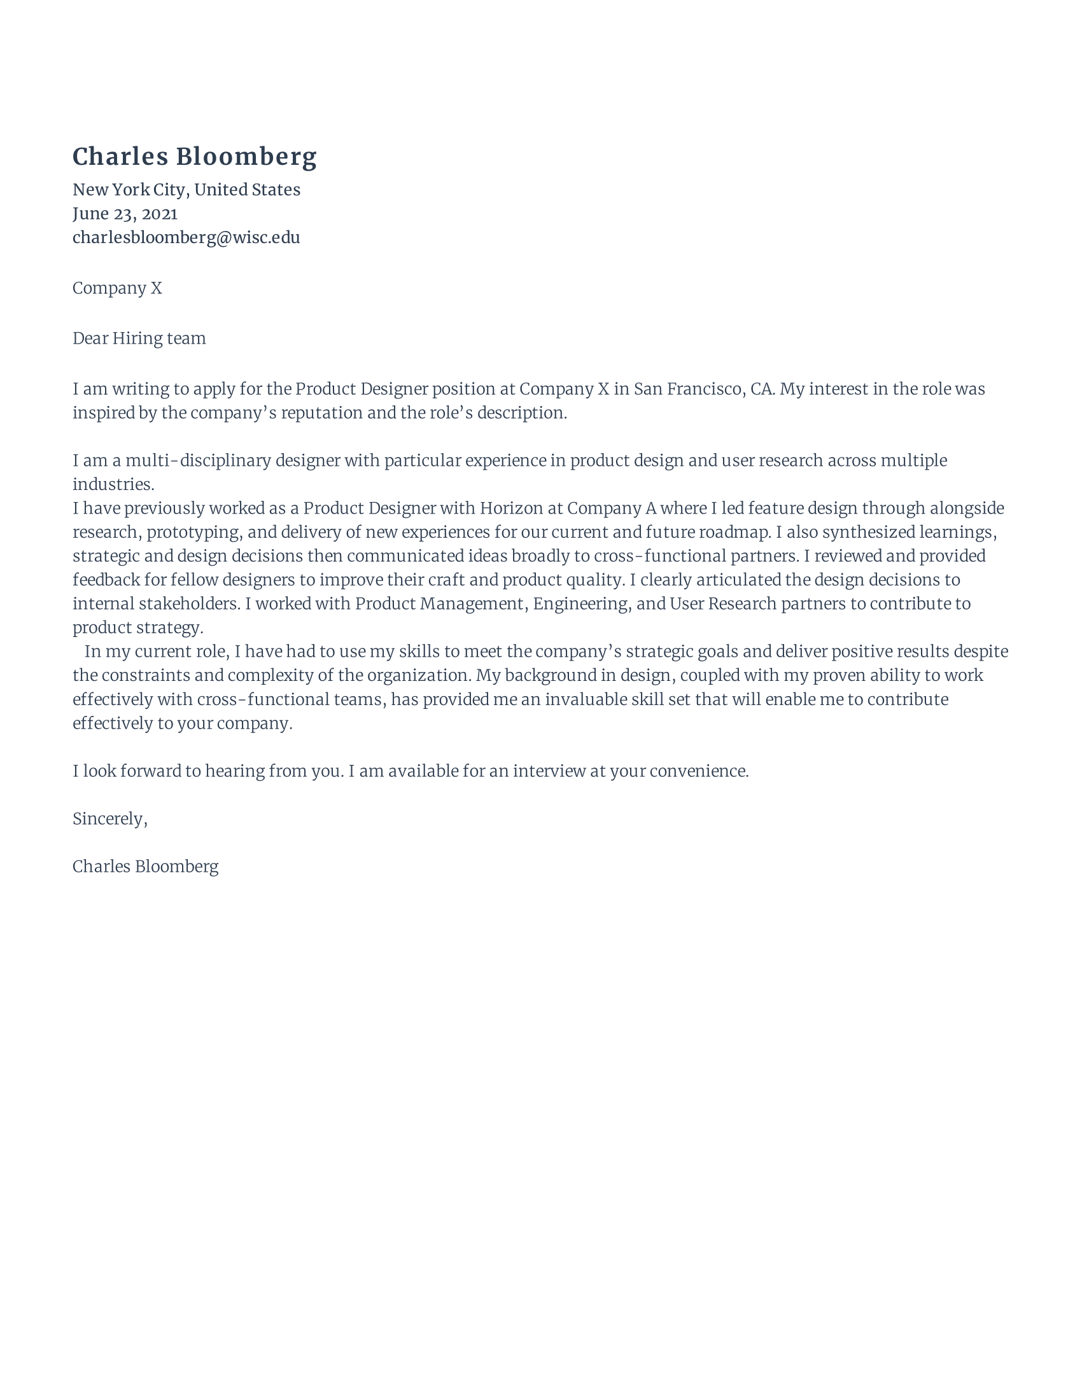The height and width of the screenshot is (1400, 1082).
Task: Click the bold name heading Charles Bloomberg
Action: point(194,157)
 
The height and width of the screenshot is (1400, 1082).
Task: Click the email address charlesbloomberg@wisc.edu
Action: point(186,238)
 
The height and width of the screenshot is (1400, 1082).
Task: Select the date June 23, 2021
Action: point(125,213)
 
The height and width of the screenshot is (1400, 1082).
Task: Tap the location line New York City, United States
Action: point(186,190)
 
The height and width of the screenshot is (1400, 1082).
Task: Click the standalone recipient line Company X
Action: point(117,288)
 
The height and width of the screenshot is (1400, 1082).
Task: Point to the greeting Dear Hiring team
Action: point(139,339)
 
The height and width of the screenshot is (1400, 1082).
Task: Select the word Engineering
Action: point(581,604)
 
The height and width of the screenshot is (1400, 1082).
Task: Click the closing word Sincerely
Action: point(109,819)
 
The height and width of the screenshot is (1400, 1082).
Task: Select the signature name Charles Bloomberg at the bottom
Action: point(146,867)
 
